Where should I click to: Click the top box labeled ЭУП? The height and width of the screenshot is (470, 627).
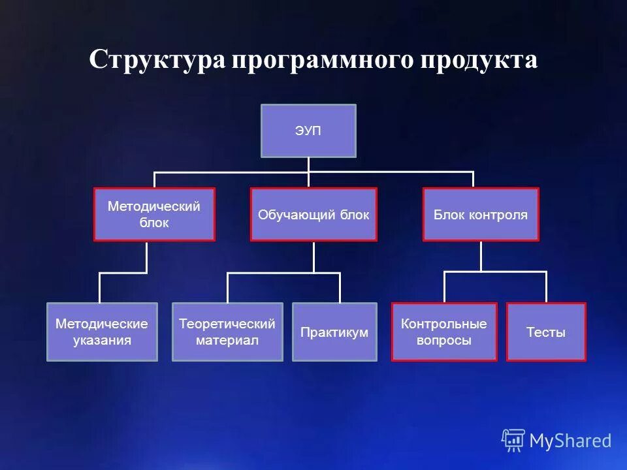308,131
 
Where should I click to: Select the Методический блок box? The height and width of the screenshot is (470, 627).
154,214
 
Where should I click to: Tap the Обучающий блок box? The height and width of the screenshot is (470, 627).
313,214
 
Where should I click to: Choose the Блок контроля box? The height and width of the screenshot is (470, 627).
481,214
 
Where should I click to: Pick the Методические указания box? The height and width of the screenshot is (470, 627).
102,332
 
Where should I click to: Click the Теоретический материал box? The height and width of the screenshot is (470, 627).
227,332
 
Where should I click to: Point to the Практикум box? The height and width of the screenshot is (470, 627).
334,332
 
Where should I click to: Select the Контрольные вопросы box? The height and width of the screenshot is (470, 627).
444,332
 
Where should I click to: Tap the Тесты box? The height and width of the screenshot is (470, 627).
546,332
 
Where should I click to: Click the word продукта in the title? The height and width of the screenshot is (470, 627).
479,60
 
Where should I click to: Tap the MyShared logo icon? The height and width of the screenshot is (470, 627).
513,441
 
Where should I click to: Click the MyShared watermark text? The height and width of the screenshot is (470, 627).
570,441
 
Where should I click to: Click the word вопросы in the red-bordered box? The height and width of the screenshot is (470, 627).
444,340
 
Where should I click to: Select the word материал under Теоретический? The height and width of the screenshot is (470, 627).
227,340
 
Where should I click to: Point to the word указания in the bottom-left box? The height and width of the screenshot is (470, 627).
102,340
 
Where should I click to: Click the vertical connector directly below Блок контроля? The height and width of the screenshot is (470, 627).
481,256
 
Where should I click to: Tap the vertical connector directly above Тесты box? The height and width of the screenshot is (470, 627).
546,287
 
